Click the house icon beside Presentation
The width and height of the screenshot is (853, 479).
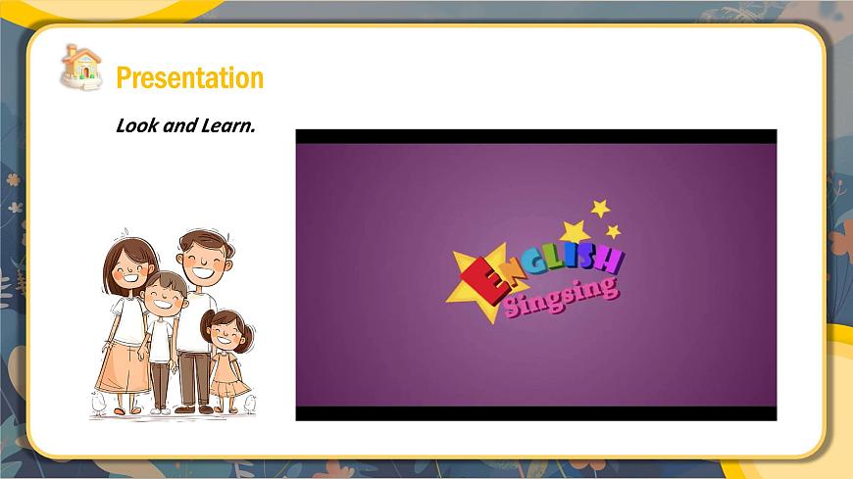pyautogui.click(x=81, y=68)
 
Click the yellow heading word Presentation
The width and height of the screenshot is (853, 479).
pyautogui.click(x=190, y=77)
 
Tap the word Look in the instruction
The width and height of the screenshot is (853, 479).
pyautogui.click(x=137, y=125)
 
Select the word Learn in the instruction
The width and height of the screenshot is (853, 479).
pyautogui.click(x=227, y=125)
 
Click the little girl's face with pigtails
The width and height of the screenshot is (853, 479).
pyautogui.click(x=226, y=332)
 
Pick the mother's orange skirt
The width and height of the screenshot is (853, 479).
pyautogui.click(x=125, y=368)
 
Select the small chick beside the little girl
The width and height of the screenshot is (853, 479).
pyautogui.click(x=250, y=404)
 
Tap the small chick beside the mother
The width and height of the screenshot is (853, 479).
pyautogui.click(x=98, y=403)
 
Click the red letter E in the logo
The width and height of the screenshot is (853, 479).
pyautogui.click(x=485, y=281)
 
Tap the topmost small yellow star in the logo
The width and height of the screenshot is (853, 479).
pyautogui.click(x=601, y=208)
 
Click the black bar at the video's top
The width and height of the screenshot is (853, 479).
pyautogui.click(x=536, y=136)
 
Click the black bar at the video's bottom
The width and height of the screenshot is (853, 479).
pyautogui.click(x=536, y=413)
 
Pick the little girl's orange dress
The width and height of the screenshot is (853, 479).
pyautogui.click(x=227, y=374)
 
